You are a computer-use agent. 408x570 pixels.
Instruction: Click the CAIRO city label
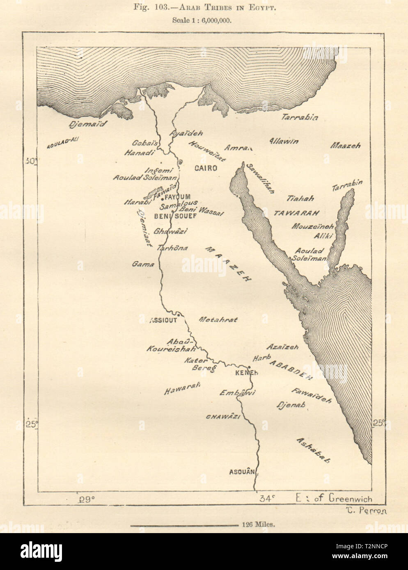[x=205, y=168]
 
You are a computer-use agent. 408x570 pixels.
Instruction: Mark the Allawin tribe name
[x=284, y=141]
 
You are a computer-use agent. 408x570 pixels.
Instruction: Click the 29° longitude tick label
[x=87, y=499]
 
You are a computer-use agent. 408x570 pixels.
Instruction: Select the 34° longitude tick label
[x=266, y=499]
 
